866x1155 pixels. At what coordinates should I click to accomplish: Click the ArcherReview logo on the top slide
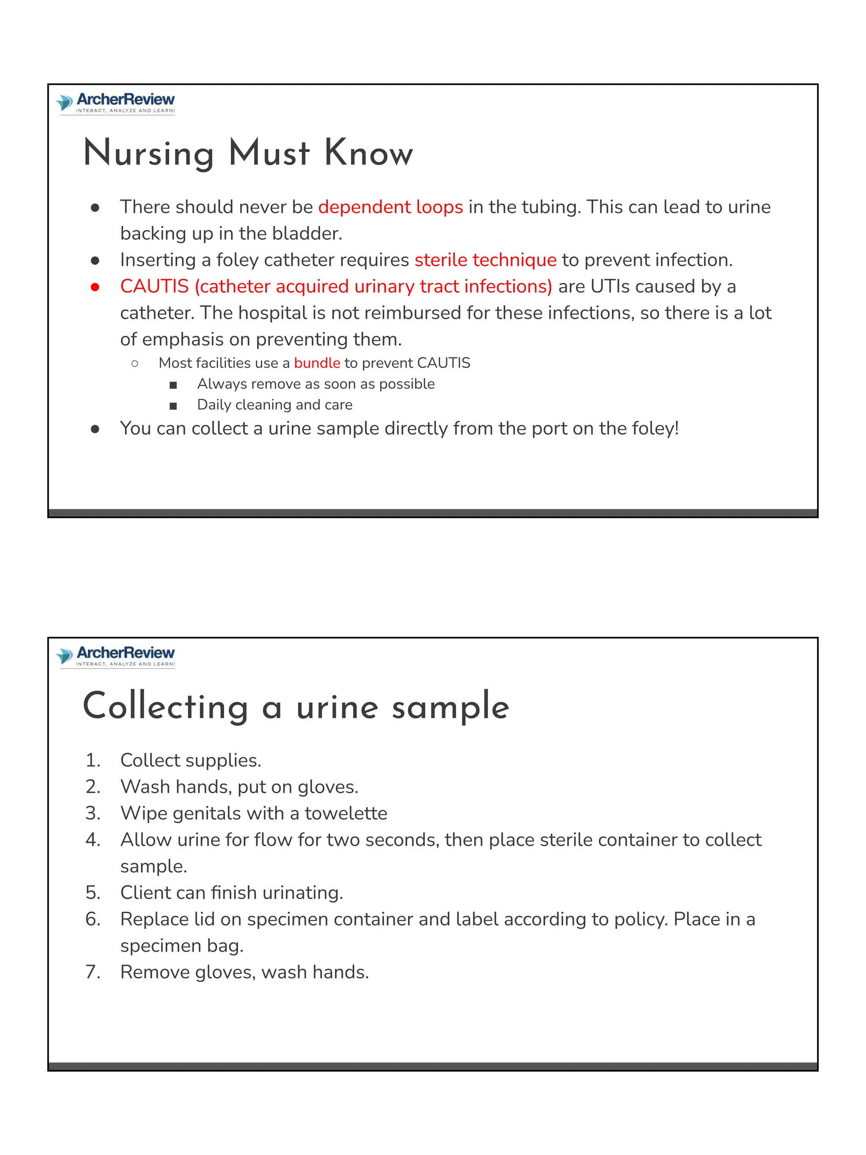tap(116, 103)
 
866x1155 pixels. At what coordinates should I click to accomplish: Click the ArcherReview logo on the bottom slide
tap(116, 656)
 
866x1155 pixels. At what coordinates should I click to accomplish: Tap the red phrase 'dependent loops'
tap(390, 207)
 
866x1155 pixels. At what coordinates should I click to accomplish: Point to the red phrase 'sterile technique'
tap(485, 260)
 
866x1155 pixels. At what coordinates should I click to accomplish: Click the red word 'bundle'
tap(317, 363)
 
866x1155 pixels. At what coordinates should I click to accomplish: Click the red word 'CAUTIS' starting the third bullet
tap(154, 287)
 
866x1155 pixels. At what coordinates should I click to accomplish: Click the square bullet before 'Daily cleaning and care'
tap(173, 406)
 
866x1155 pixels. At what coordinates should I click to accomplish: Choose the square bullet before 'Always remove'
tap(173, 385)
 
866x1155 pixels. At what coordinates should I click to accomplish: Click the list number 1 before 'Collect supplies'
tap(93, 760)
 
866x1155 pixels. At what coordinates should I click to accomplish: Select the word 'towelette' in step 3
tap(345, 813)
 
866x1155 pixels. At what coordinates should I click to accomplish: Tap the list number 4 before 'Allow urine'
tap(93, 840)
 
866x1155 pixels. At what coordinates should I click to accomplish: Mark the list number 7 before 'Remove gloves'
tap(93, 972)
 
